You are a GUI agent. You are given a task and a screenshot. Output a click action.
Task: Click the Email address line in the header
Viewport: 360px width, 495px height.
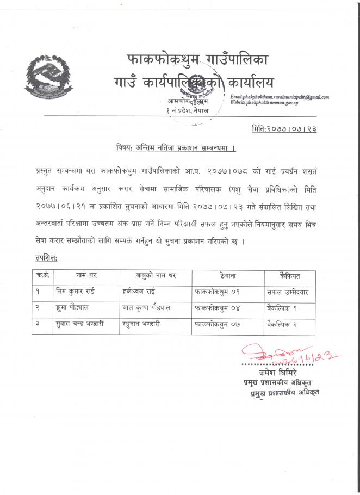pyautogui.click(x=280, y=97)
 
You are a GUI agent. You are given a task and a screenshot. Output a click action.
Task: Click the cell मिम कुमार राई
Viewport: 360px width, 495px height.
pyautogui.click(x=76, y=292)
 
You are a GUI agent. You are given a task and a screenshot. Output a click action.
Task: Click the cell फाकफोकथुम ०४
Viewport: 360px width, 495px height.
pyautogui.click(x=217, y=308)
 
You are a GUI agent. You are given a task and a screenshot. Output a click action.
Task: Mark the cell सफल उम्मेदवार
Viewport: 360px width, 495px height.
pyautogui.click(x=293, y=292)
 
